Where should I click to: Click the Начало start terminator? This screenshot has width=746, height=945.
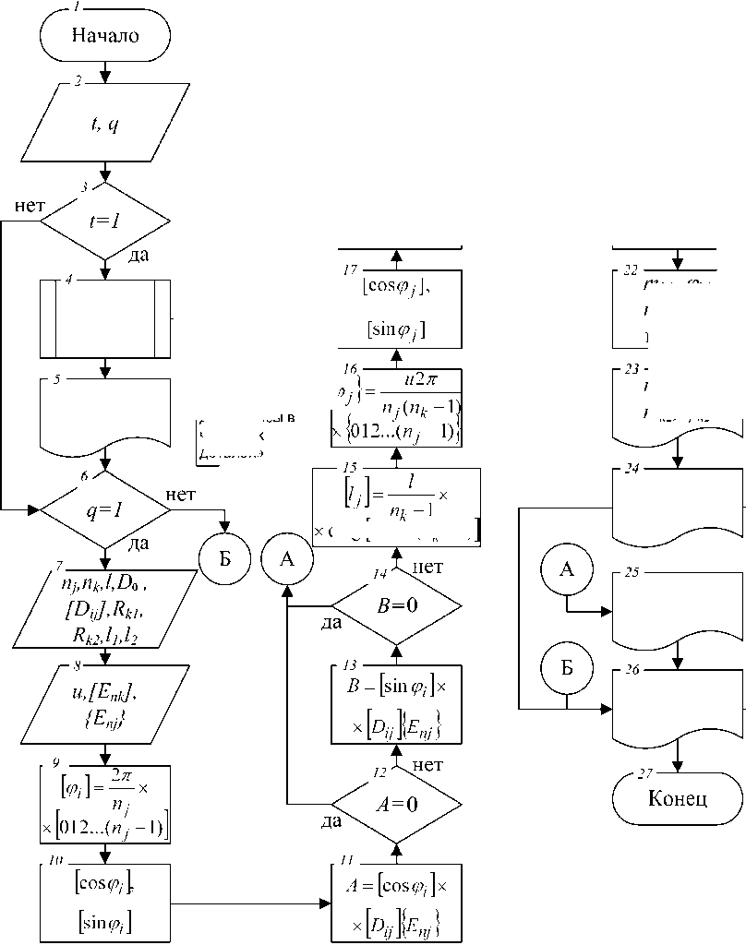tap(105, 36)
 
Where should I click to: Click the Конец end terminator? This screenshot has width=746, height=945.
tap(679, 798)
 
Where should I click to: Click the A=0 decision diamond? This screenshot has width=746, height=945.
tap(396, 802)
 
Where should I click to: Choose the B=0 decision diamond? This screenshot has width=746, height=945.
tap(396, 606)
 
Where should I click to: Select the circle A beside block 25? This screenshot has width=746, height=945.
tap(567, 570)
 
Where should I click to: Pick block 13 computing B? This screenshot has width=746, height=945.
tap(396, 704)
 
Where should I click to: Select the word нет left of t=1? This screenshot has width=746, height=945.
tap(30, 205)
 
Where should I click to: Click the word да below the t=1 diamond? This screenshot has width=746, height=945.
tap(139, 255)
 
